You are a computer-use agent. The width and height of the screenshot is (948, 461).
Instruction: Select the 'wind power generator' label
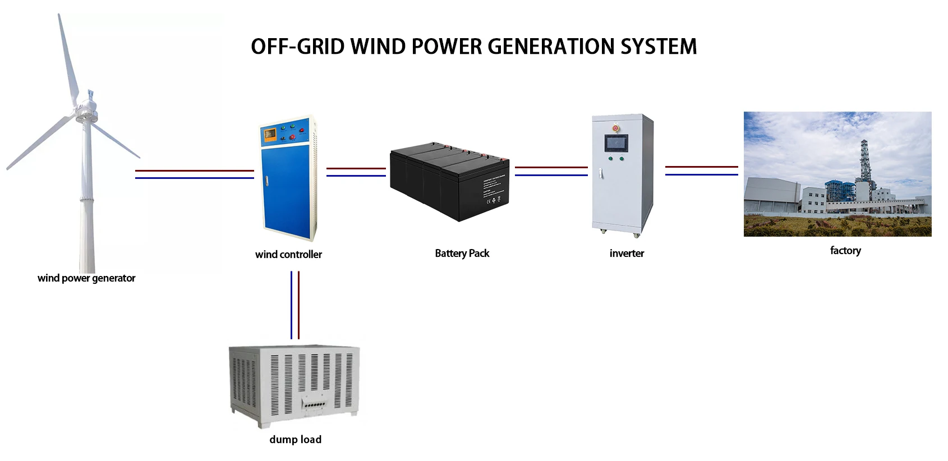click(86, 278)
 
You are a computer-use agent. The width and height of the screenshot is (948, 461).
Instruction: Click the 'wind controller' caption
click(288, 255)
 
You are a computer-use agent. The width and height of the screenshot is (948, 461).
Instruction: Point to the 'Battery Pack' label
click(462, 253)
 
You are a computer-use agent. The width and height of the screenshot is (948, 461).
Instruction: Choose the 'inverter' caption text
click(627, 253)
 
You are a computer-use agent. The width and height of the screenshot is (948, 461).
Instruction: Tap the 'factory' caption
click(845, 251)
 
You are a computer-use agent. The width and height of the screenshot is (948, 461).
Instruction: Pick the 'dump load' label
click(295, 440)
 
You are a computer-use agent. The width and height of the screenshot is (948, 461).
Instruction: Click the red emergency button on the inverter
click(615, 128)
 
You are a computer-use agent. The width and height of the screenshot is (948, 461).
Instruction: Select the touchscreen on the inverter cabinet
click(616, 143)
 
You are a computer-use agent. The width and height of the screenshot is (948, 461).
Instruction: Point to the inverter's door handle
click(601, 173)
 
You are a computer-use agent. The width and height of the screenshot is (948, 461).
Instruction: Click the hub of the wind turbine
click(86, 107)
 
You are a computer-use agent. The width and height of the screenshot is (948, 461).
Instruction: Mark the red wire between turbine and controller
click(194, 170)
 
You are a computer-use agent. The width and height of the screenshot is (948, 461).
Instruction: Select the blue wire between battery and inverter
click(551, 175)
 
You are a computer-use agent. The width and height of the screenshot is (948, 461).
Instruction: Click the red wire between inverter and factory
click(701, 167)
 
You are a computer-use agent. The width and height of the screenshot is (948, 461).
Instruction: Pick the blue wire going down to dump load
click(291, 305)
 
